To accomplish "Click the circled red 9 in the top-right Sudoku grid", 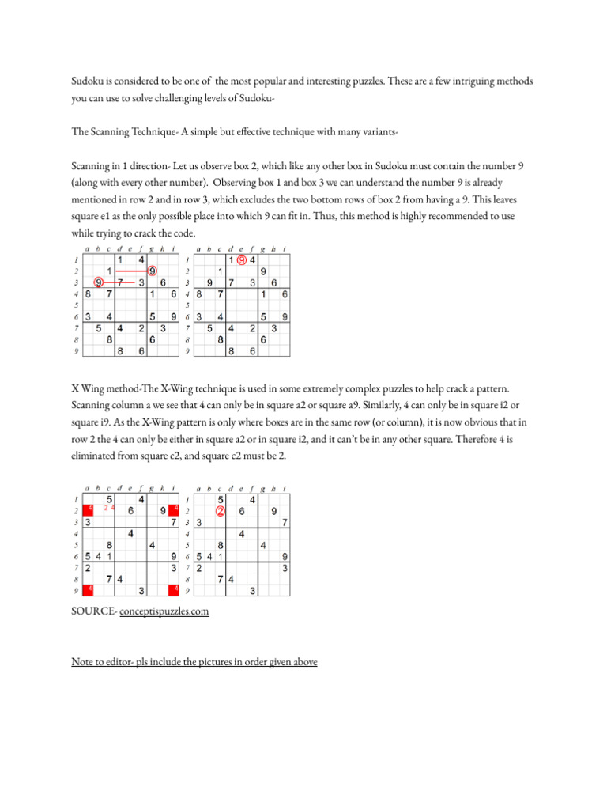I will (241, 260).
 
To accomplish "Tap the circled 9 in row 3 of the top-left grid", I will (98, 282).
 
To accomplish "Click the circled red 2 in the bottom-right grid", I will (221, 511).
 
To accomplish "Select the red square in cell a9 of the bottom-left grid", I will (89, 589).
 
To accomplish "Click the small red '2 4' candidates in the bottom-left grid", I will (110, 509).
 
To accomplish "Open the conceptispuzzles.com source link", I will (164, 611).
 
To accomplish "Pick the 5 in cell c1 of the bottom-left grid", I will (110, 499).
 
